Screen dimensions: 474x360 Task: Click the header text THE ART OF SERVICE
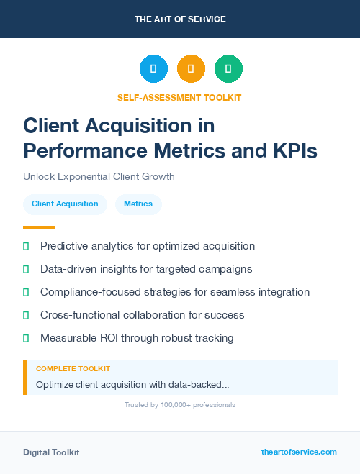click(x=180, y=19)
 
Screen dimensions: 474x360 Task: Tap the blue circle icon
click(x=153, y=69)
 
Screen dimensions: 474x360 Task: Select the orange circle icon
click(x=191, y=69)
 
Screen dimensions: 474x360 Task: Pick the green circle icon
click(x=228, y=69)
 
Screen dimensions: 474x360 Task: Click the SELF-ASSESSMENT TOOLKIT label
click(x=179, y=97)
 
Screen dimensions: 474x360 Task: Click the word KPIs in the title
click(x=292, y=152)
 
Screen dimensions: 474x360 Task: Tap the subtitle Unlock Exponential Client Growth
click(x=99, y=176)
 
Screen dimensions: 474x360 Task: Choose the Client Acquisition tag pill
click(x=65, y=204)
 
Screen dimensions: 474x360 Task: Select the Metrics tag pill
click(x=138, y=204)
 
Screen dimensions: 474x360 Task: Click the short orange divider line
click(x=39, y=227)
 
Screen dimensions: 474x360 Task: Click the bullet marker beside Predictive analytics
click(x=26, y=246)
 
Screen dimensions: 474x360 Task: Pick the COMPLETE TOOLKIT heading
click(x=73, y=368)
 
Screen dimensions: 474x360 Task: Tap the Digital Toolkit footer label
click(x=51, y=452)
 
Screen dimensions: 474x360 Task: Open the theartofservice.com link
click(x=299, y=452)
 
